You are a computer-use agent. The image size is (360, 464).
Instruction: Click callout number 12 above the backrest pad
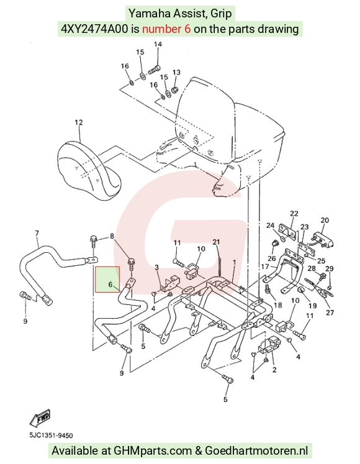[x=79, y=122]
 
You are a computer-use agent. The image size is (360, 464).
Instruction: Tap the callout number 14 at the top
[x=158, y=44]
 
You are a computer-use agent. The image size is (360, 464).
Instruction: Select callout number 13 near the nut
[x=176, y=72]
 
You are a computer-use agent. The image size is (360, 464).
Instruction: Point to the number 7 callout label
[x=37, y=233]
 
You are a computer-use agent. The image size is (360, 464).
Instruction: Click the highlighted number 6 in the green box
[x=110, y=284]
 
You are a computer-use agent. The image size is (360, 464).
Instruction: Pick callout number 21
[x=217, y=242]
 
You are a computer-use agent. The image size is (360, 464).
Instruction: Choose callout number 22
[x=294, y=213]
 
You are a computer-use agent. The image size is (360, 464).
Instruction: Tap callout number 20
[x=325, y=220]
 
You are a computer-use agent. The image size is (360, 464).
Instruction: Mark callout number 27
[x=330, y=312]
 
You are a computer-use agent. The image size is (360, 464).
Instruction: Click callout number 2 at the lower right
[x=274, y=370]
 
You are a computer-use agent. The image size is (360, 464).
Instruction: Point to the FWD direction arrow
[x=40, y=418]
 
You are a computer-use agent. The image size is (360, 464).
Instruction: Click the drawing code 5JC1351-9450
[x=51, y=435]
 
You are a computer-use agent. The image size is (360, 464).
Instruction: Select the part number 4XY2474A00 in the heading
[x=94, y=29]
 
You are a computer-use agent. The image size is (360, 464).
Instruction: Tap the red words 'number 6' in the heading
[x=166, y=29]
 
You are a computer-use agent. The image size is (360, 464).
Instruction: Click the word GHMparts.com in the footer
[x=153, y=451]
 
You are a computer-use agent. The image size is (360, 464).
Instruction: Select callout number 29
[x=329, y=268]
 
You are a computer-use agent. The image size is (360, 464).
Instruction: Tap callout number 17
[x=265, y=266]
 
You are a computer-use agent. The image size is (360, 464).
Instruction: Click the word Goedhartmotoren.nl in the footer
[x=256, y=451]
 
